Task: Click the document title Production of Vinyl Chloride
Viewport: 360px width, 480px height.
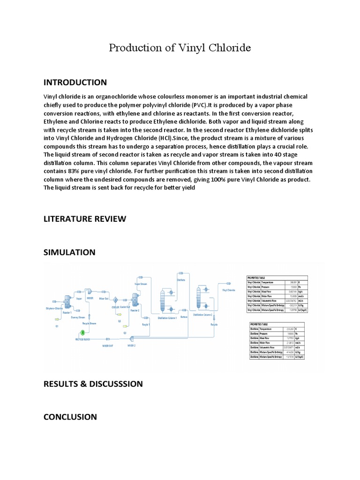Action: [x=180, y=48]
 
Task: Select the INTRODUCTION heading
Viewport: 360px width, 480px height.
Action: [x=75, y=82]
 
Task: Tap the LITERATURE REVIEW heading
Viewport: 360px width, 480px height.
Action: [x=84, y=218]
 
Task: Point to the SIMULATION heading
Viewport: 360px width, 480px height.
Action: [x=69, y=252]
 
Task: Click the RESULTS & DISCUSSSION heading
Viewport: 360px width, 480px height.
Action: [x=93, y=384]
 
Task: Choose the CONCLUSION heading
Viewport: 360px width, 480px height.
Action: [x=70, y=417]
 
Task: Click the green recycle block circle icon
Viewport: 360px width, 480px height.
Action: [x=83, y=332]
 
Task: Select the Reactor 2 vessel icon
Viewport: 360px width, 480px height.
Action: [x=135, y=299]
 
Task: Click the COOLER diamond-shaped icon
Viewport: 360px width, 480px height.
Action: [x=115, y=300]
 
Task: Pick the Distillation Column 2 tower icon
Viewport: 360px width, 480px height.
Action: [x=198, y=297]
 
